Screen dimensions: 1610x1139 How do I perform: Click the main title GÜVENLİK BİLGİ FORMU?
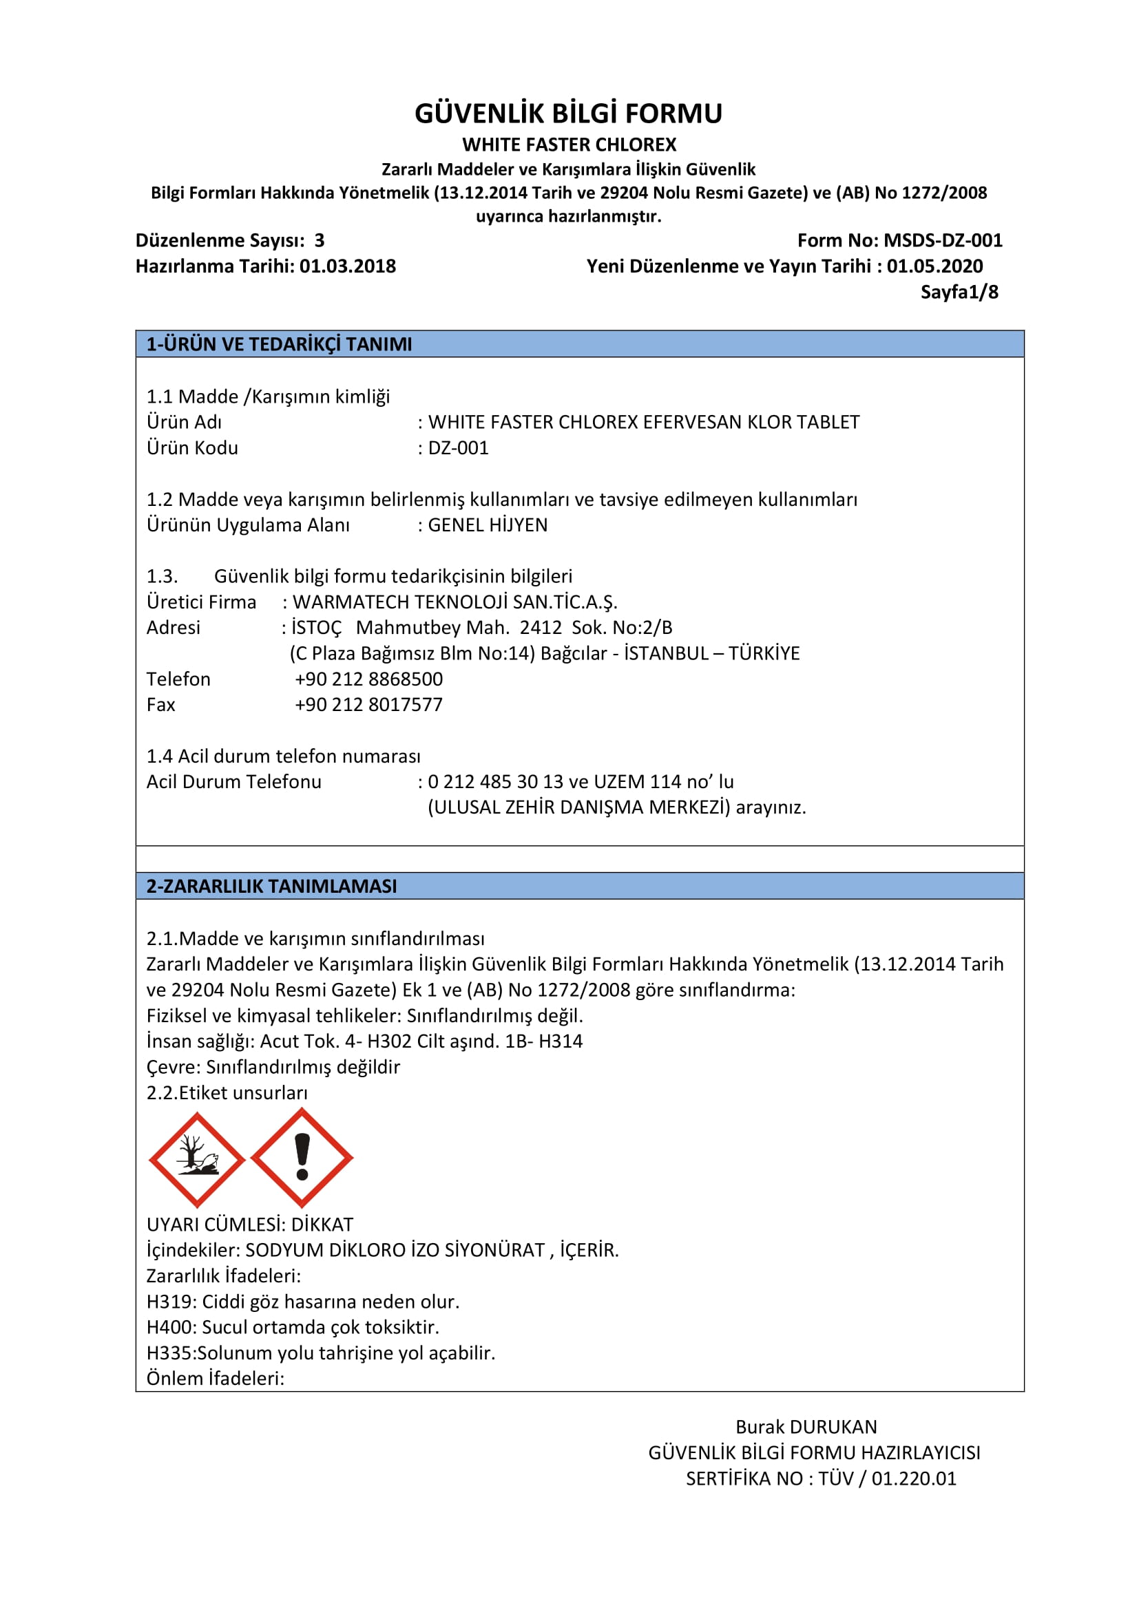pos(568,114)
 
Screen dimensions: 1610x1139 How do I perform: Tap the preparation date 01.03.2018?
pos(347,266)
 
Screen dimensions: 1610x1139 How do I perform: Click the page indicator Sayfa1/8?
pos(959,292)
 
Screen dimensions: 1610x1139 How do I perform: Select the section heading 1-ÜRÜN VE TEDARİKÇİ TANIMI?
pos(279,344)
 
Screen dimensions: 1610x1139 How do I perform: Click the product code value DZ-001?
pos(458,448)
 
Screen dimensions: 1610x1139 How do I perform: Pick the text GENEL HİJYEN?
pos(488,525)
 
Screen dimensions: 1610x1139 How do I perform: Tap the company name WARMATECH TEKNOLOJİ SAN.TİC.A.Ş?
pos(454,602)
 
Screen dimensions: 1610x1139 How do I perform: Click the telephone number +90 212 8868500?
pos(368,679)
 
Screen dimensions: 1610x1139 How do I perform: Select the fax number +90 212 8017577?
pos(368,705)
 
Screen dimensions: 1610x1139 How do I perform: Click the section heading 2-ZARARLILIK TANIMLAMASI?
pos(271,887)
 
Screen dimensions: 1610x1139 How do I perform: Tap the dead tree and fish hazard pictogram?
pos(197,1160)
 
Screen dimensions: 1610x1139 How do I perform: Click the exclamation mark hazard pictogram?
pos(302,1158)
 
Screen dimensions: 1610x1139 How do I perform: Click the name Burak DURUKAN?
pos(806,1427)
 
